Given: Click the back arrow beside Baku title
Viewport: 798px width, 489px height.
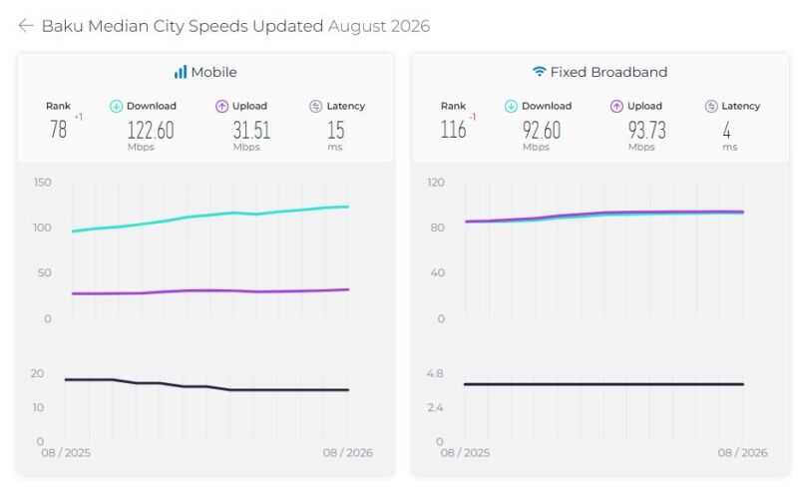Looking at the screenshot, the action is pyautogui.click(x=26, y=26).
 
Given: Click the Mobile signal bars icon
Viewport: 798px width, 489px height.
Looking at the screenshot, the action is pyautogui.click(x=181, y=72).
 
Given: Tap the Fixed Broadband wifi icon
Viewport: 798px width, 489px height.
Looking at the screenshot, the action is pyautogui.click(x=539, y=71).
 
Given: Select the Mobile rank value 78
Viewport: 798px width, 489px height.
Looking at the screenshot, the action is pyautogui.click(x=58, y=130).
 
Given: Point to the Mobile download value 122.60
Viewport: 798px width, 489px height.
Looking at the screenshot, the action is pyautogui.click(x=151, y=130).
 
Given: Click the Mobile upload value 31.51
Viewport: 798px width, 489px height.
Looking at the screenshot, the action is pyautogui.click(x=251, y=130).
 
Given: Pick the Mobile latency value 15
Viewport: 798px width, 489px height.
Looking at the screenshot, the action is pyautogui.click(x=336, y=130).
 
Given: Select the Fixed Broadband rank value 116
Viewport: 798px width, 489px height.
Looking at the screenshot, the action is pyautogui.click(x=453, y=130).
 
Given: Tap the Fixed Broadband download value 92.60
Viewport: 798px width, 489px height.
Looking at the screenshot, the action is pyautogui.click(x=542, y=130).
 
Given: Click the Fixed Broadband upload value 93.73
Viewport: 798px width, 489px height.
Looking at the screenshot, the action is pyautogui.click(x=646, y=130).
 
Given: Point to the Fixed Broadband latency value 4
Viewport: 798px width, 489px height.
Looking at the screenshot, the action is pyautogui.click(x=727, y=130).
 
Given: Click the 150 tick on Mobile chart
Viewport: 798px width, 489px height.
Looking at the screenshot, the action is pyautogui.click(x=42, y=183).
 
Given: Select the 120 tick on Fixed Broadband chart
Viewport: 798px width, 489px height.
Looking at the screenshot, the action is pyautogui.click(x=436, y=183).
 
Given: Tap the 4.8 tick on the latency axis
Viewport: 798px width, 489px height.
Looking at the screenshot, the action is pyautogui.click(x=435, y=373).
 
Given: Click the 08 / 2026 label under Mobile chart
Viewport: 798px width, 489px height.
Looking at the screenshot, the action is pyautogui.click(x=347, y=452).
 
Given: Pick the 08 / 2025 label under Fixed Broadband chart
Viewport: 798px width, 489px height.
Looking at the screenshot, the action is pyautogui.click(x=465, y=452).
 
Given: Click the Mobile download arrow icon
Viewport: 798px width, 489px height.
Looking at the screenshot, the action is pyautogui.click(x=116, y=106).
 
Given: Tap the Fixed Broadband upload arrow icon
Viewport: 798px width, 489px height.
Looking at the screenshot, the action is pyautogui.click(x=616, y=106).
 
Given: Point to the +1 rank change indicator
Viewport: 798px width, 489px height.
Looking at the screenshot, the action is pyautogui.click(x=79, y=117).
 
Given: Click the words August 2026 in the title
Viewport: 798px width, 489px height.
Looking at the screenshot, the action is pyautogui.click(x=379, y=26).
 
